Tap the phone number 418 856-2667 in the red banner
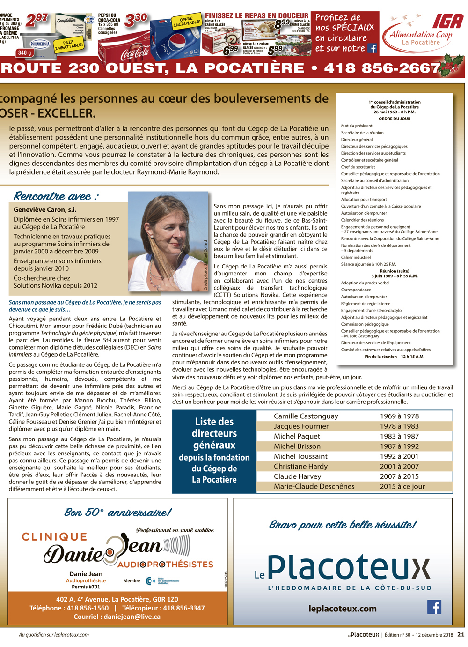point(382,68)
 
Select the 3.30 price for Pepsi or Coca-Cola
point(136,20)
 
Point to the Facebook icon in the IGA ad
point(373,48)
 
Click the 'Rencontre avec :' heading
point(56,196)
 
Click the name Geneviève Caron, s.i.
point(45,209)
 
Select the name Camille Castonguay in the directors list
point(306,416)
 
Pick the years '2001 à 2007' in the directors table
point(399,466)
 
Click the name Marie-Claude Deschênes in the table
point(314,486)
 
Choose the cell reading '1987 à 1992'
point(399,446)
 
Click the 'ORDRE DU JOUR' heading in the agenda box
point(394,119)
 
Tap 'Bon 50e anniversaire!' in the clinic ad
point(117,513)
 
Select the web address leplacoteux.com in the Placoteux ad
point(342,609)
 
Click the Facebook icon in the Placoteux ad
point(434,607)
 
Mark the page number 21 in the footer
point(461,635)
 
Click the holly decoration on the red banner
point(452,64)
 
